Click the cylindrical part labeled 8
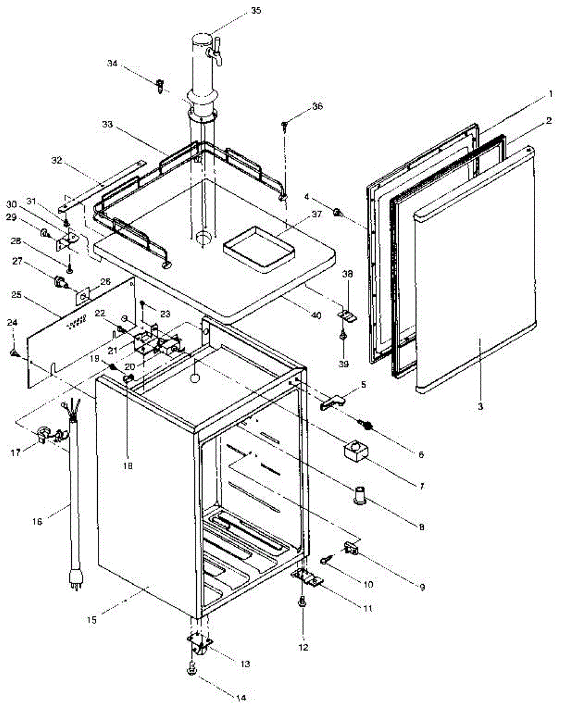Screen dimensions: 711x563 [x=360, y=494]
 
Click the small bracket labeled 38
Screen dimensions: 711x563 [x=348, y=315]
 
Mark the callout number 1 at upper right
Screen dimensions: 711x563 [x=550, y=94]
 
